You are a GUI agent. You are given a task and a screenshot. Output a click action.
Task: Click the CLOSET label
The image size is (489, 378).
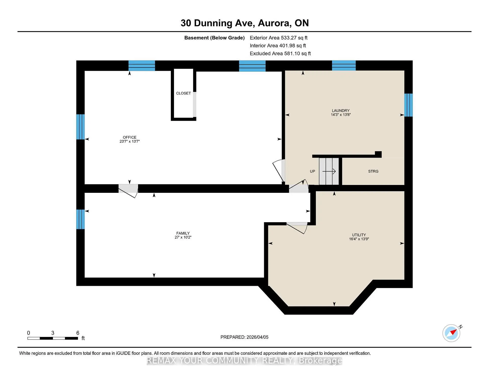tap(183, 93)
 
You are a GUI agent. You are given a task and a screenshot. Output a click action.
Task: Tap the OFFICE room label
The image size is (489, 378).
tap(129, 137)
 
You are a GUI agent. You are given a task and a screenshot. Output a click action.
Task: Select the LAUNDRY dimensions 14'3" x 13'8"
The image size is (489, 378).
tap(341, 115)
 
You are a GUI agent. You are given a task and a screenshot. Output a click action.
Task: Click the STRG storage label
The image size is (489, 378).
tap(373, 171)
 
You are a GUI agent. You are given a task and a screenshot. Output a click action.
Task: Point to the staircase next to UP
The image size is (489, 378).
tap(329, 171)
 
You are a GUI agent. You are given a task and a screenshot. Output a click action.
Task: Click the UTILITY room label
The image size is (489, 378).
tap(359, 235)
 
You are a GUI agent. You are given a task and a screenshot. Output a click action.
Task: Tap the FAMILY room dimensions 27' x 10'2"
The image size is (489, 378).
tap(183, 237)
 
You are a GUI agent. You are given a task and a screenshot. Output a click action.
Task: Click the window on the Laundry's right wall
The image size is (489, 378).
tap(408, 105)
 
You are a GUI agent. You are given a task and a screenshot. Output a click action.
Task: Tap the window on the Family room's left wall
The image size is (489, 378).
tap(80, 219)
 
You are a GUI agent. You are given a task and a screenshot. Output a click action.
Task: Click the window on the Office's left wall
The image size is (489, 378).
tap(80, 127)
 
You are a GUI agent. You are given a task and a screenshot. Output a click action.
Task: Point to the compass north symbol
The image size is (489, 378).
tap(452, 333)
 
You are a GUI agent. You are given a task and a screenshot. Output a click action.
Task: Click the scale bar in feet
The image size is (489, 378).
tap(53, 338)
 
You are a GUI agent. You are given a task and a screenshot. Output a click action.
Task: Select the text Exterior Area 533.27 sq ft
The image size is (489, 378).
tap(278, 38)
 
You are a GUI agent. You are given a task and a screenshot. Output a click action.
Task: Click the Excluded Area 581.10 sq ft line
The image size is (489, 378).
tap(280, 53)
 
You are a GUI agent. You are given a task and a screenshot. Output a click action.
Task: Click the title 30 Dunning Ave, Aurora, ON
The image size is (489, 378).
tap(244, 23)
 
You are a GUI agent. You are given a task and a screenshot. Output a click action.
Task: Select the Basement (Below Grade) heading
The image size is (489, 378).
tap(214, 38)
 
